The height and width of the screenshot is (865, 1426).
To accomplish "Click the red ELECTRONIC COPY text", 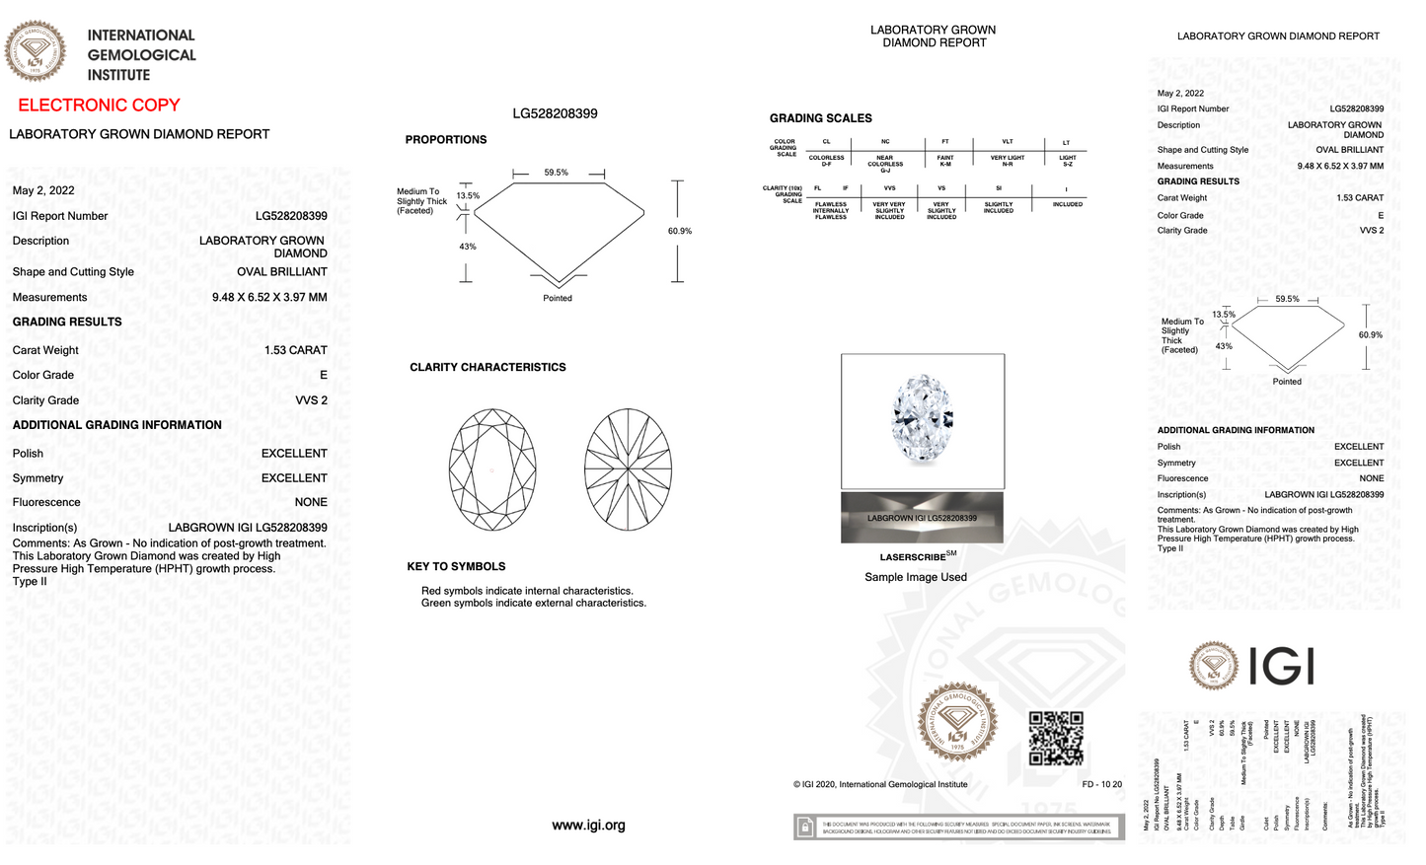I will point(99,106).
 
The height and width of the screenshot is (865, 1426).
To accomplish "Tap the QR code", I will point(1056,738).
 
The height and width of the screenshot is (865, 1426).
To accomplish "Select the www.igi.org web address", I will point(588,826).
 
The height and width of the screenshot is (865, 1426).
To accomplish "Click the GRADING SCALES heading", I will point(820,118).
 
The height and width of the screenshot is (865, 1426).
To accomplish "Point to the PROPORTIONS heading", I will point(445,140).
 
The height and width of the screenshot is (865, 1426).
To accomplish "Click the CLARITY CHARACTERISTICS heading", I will point(488,367).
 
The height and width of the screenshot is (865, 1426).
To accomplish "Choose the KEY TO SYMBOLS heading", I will point(456,567).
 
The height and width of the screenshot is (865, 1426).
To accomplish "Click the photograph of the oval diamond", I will point(922,419).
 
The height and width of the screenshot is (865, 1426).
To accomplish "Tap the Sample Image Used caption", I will point(915,577).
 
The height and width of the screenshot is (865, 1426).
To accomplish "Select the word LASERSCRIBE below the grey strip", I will point(912,557).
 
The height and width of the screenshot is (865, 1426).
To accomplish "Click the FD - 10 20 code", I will point(1101,785).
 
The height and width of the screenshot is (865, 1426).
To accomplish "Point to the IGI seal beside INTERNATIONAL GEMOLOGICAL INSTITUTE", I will point(36,51).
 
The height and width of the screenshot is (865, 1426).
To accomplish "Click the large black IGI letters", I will point(1281,666).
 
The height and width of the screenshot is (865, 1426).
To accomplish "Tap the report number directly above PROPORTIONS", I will point(555,113).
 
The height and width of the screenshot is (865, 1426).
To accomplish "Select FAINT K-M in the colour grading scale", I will point(944,161).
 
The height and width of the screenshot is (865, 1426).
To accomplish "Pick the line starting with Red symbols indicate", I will point(527,591).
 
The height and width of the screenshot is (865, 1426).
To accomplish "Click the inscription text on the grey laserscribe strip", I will point(922,518).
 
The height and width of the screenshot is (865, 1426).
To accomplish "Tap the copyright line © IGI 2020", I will point(880,785).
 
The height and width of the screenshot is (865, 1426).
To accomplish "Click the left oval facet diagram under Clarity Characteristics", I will point(492,469).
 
